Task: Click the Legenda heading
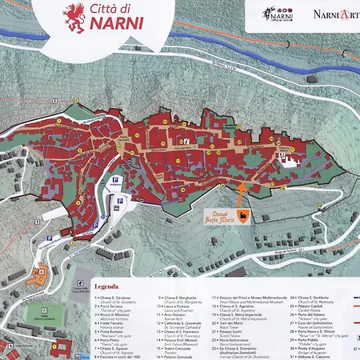coord(107,286)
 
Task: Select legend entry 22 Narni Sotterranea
coord(237,342)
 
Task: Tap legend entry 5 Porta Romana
coord(114,326)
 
